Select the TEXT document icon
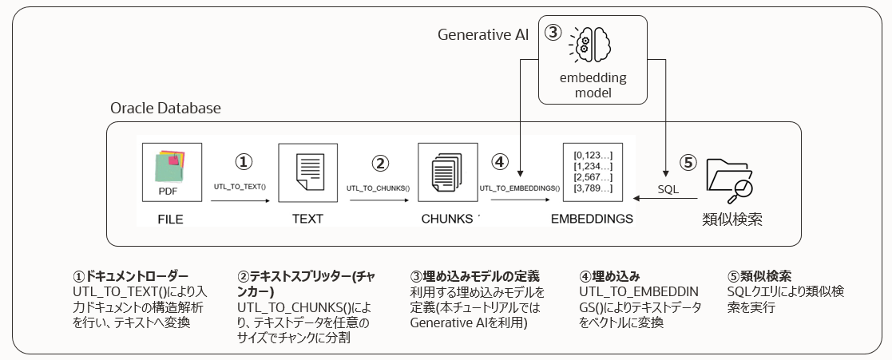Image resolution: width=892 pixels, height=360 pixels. (x=307, y=172)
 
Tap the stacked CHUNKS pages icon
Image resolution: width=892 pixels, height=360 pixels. (x=447, y=172)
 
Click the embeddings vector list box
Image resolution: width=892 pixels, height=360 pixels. (x=593, y=171)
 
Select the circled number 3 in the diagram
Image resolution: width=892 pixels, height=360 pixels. (x=553, y=34)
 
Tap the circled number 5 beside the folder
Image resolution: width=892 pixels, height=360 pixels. (x=688, y=161)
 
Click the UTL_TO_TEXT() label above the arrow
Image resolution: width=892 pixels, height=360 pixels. (x=240, y=188)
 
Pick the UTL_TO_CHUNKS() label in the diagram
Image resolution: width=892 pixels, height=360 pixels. (x=378, y=188)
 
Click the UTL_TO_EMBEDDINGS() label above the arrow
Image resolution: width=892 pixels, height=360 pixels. (x=519, y=188)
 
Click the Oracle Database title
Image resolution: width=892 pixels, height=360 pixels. (x=166, y=108)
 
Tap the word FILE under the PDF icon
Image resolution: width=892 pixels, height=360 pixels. (x=170, y=218)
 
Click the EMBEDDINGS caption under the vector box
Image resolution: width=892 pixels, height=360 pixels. (x=593, y=218)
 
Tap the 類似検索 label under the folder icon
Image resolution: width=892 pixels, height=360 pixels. (x=731, y=219)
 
